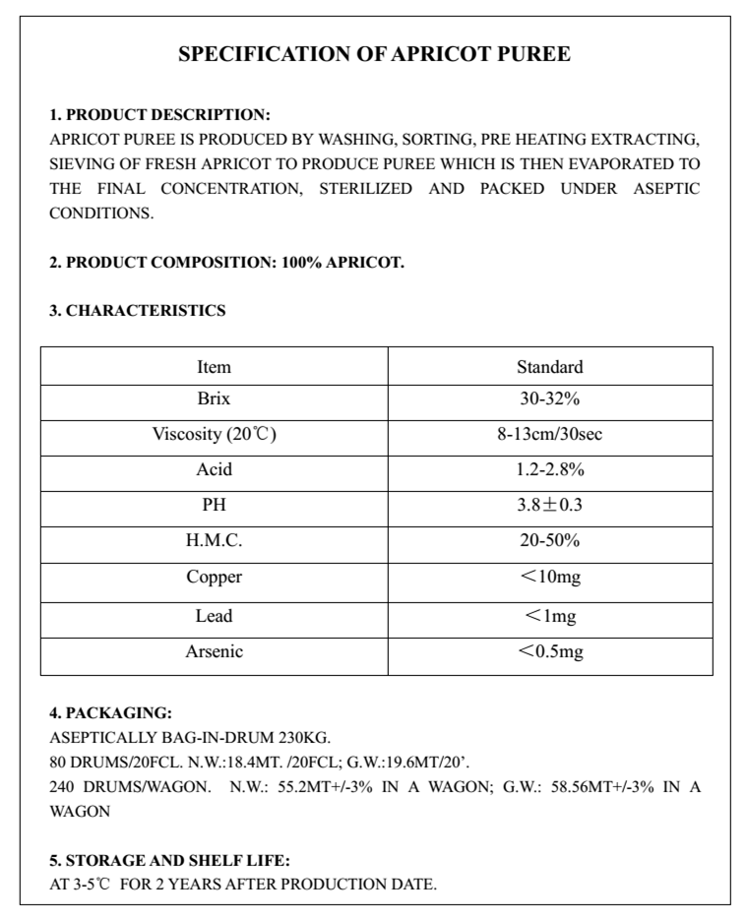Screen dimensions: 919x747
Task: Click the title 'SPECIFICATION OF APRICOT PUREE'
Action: click(374, 54)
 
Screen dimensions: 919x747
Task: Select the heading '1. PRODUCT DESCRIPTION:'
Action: click(159, 115)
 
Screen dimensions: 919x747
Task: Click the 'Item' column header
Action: click(214, 367)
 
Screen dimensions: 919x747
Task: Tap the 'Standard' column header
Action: click(549, 367)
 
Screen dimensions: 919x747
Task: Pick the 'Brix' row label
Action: click(214, 400)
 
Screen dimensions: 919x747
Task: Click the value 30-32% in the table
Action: click(549, 400)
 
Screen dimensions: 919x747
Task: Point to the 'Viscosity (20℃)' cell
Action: click(214, 434)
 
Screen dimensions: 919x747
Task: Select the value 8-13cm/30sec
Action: click(549, 434)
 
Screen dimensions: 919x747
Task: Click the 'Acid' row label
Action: click(214, 470)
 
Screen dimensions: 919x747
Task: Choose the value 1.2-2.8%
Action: click(549, 470)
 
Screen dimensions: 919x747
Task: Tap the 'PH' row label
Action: click(214, 506)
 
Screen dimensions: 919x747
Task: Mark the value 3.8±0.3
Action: click(549, 506)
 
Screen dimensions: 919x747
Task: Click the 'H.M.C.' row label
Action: click(214, 541)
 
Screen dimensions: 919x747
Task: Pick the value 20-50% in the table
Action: click(549, 541)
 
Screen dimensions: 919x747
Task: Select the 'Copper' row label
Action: click(214, 578)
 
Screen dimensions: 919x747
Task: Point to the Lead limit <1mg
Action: click(549, 616)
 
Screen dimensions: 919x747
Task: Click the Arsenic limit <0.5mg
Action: click(549, 651)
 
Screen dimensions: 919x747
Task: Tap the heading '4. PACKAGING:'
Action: click(110, 712)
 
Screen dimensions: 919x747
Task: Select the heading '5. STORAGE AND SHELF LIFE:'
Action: click(169, 860)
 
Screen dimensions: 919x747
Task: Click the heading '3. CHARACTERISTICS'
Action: click(138, 311)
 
